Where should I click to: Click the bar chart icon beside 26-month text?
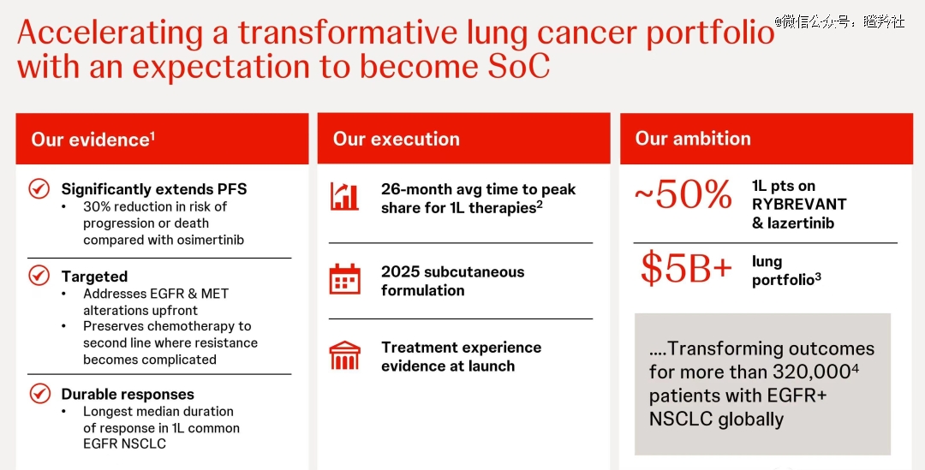344,196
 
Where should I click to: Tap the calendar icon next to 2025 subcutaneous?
344,279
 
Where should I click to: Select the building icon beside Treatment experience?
344,355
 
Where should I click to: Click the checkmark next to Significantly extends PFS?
39,188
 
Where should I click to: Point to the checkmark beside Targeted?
39,276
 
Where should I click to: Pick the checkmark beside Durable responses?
39,393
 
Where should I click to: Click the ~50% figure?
683,195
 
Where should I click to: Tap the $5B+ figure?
687,268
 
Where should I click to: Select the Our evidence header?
92,140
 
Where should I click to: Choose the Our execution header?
396,139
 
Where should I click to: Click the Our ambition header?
693,138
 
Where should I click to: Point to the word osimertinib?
208,240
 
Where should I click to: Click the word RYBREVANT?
799,204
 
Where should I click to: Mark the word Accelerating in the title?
110,33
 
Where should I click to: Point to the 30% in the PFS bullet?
96,206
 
